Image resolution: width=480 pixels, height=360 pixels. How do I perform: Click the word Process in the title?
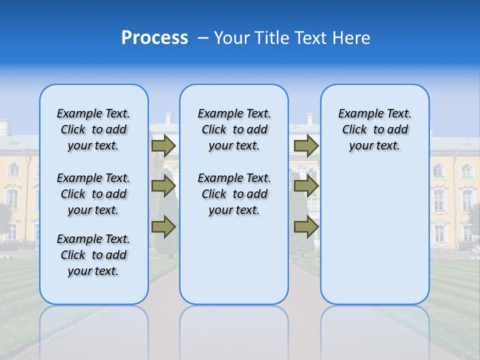[x=154, y=38]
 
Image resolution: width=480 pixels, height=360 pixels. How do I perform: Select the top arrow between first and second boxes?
[x=163, y=145]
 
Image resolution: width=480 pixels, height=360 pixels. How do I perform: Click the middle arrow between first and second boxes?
[x=163, y=186]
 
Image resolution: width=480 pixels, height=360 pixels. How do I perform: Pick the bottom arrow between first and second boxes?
[x=163, y=226]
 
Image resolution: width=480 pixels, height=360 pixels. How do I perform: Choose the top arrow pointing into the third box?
[x=306, y=145]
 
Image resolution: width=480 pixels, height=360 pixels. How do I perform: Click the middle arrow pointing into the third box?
[x=306, y=186]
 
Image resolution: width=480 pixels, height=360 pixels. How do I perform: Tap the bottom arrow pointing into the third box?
[x=306, y=226]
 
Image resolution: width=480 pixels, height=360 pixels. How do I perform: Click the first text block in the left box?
[x=93, y=129]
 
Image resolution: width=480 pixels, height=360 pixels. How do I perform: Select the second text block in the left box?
[x=93, y=194]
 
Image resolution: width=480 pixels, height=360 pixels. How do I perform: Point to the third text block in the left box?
[x=93, y=255]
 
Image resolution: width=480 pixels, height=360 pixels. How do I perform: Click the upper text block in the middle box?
[x=234, y=129]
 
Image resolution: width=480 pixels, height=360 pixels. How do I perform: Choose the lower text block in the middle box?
[x=234, y=194]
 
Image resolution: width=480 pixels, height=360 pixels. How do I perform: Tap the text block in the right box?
[x=374, y=129]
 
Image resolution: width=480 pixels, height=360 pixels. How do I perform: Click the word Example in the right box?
[x=356, y=113]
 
